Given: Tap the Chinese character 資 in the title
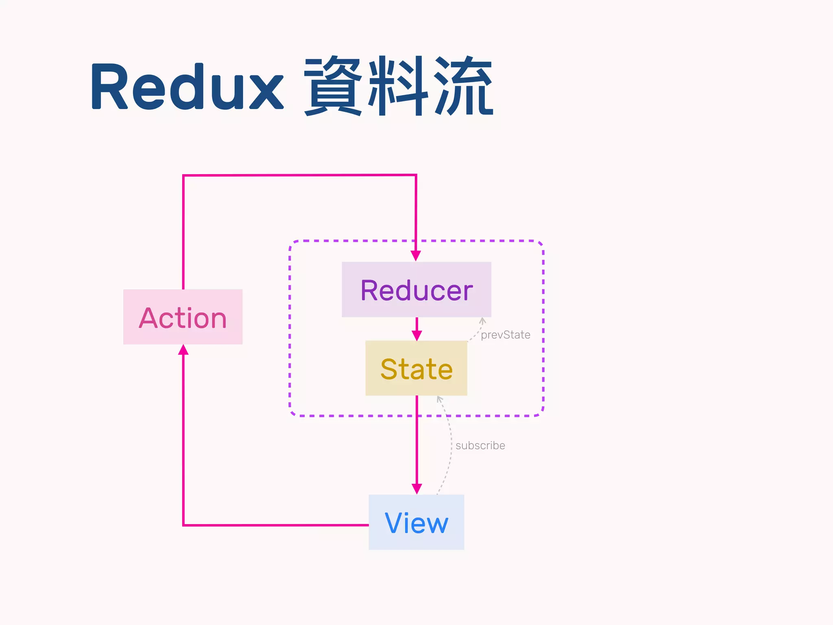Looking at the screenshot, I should (x=332, y=86).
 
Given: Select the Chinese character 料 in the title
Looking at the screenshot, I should (x=399, y=86).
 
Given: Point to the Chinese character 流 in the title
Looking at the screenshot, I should (x=464, y=86).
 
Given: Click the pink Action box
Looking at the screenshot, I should (x=183, y=317).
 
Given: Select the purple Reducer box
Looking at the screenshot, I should (x=416, y=289).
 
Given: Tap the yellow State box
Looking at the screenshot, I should (x=416, y=368).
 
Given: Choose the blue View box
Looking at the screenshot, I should (x=416, y=522).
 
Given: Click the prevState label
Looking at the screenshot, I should (x=505, y=335).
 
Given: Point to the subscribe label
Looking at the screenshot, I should (x=480, y=446).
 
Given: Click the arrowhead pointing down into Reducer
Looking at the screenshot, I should (x=416, y=256).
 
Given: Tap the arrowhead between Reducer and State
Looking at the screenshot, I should (x=416, y=335).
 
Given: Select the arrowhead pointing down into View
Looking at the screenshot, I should (x=416, y=489).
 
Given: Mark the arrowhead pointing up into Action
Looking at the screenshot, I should (x=183, y=350).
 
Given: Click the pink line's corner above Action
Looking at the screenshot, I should (x=183, y=176).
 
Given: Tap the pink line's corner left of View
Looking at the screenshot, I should (x=184, y=525).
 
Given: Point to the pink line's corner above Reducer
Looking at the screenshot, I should (x=416, y=175).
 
